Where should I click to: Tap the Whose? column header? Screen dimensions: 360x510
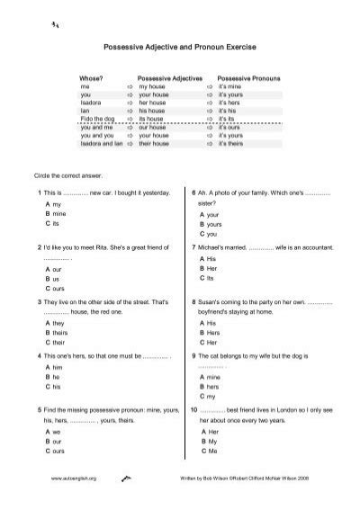[x=92, y=79]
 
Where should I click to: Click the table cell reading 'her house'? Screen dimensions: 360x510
[x=163, y=102]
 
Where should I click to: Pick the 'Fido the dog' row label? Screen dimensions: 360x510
[x=99, y=118]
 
